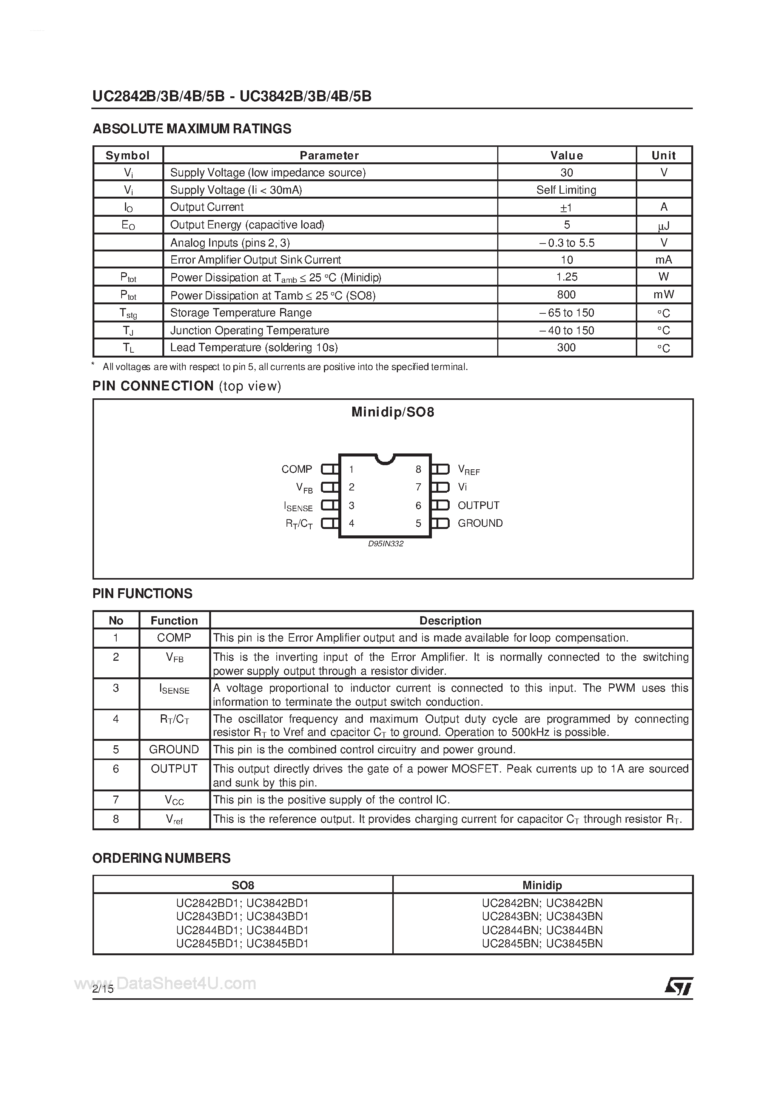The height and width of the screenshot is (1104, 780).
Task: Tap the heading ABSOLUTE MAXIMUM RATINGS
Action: pos(192,129)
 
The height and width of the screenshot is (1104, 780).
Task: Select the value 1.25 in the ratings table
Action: pos(566,277)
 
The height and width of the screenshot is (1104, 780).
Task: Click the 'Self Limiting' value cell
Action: pos(566,190)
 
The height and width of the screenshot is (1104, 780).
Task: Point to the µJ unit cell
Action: pos(664,225)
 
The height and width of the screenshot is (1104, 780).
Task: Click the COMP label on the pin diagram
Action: pos(297,469)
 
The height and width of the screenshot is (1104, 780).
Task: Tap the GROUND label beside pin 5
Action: pos(480,523)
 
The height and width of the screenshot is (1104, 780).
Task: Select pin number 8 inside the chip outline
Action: pos(418,469)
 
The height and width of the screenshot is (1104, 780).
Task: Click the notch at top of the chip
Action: pos(385,458)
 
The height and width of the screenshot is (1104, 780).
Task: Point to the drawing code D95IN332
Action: pos(386,544)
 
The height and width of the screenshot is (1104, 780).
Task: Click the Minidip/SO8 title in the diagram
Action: pos(392,412)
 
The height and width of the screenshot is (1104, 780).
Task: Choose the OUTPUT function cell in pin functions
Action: pos(174,769)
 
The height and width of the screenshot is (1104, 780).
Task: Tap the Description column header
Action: pos(450,620)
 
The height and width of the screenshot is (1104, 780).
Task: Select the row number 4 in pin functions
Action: pos(116,719)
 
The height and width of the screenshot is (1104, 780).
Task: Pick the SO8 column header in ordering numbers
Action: pos(243,885)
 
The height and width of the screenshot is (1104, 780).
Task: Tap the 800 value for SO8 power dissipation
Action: pos(566,295)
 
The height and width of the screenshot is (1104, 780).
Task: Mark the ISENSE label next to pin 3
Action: pos(298,506)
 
